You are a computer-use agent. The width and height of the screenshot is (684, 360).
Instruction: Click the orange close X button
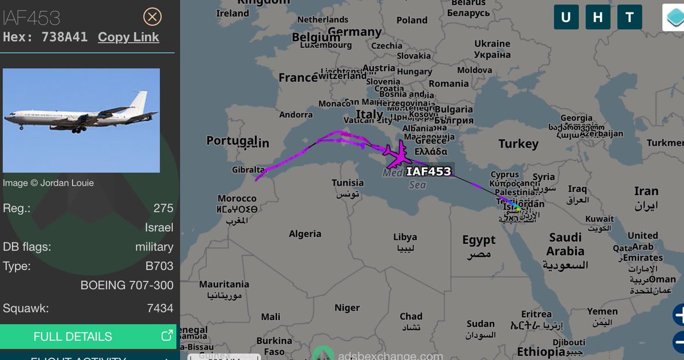point(152,17)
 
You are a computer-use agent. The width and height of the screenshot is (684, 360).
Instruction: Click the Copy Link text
point(128,37)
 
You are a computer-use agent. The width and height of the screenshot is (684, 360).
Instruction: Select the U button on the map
point(566,17)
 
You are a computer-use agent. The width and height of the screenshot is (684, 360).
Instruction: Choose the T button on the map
point(630,17)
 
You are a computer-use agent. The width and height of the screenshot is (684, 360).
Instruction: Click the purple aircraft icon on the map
point(394,153)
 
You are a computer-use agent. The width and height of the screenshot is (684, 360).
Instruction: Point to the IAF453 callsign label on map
point(429,171)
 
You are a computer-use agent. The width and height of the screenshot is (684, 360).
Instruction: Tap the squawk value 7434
point(160,308)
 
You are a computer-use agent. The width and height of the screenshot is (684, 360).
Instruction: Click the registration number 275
point(163,208)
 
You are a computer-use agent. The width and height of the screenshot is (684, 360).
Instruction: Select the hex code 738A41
point(64,37)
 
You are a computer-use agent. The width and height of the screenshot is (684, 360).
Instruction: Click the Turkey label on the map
point(518,144)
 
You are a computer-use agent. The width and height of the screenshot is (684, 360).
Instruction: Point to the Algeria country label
point(305,234)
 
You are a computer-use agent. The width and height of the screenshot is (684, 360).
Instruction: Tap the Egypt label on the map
point(479,240)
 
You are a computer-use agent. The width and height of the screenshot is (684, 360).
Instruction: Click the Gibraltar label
point(249,170)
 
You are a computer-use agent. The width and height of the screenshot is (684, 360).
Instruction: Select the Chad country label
point(410,316)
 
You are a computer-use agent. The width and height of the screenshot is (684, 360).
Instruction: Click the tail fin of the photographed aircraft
point(138,101)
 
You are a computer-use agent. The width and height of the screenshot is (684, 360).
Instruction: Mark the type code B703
point(160,266)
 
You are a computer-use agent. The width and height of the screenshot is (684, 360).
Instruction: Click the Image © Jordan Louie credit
point(48,183)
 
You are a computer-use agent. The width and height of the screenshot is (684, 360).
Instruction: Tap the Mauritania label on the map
point(224,284)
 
